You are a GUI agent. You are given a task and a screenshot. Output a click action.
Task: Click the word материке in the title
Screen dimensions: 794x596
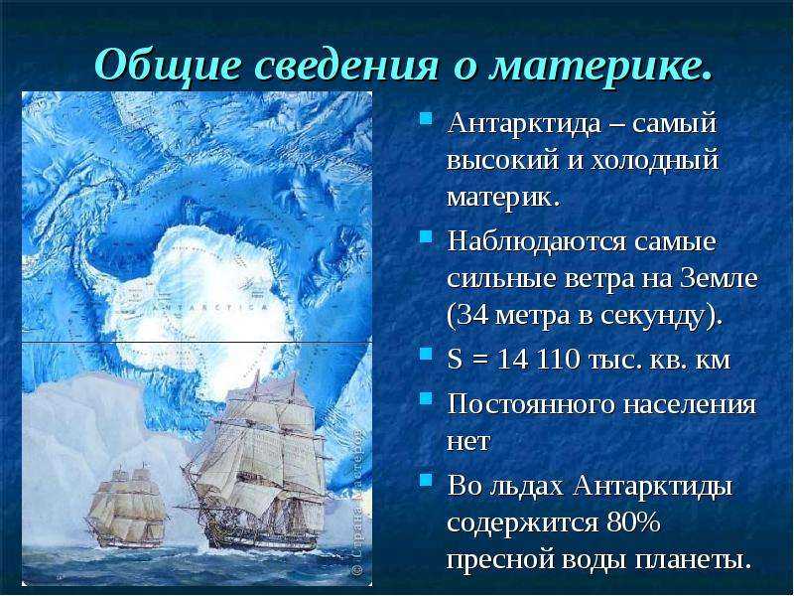pos(595,65)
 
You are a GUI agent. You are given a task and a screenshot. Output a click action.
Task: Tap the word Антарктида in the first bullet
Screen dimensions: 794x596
pos(524,123)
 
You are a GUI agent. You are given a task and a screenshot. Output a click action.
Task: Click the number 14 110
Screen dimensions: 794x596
pos(538,360)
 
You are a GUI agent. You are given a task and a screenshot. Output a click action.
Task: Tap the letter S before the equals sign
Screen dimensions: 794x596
pos(455,360)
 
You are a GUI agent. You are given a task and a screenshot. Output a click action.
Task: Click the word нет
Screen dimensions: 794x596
pos(468,441)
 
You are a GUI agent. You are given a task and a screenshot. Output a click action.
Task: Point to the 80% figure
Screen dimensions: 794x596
pos(633,523)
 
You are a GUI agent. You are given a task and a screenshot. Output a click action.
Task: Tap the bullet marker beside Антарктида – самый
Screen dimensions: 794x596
pos(427,118)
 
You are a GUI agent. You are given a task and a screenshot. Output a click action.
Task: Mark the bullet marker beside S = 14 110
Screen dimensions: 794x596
pos(427,353)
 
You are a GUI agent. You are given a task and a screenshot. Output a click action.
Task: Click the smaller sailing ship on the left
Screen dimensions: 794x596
pos(127,508)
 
